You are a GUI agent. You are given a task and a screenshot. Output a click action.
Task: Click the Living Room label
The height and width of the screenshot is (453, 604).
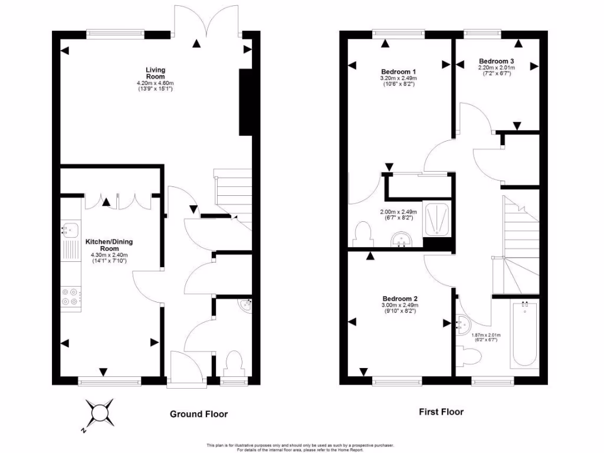click(155, 73)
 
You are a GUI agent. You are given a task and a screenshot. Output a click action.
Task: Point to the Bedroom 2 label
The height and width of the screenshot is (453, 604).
click(399, 298)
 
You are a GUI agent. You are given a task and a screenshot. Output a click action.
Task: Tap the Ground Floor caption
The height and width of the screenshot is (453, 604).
click(199, 414)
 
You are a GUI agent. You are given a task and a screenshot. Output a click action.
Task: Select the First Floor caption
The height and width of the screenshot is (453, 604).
click(441, 412)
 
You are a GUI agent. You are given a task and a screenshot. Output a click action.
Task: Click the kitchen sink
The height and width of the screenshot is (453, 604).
click(70, 229)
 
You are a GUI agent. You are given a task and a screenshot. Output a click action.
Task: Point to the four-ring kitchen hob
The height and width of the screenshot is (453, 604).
click(70, 296)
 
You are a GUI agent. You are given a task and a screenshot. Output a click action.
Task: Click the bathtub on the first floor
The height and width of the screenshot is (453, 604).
click(524, 333)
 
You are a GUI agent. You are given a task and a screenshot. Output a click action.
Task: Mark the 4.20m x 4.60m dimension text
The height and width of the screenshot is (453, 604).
click(155, 83)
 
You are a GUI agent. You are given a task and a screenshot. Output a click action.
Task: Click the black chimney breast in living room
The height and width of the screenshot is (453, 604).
click(245, 103)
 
